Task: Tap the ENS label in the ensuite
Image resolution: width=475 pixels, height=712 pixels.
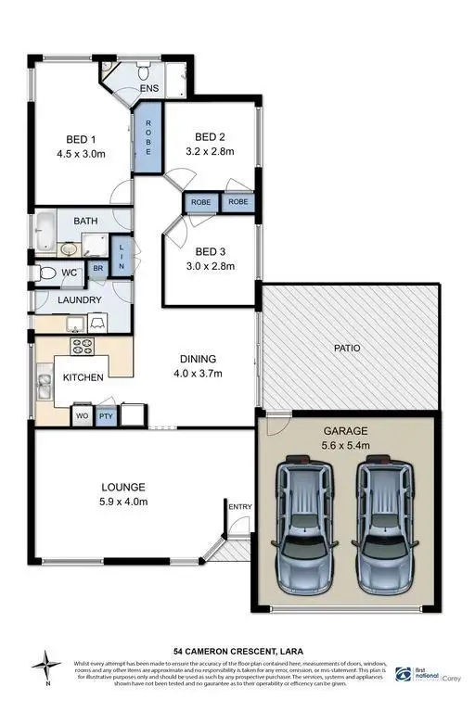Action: pos(149,88)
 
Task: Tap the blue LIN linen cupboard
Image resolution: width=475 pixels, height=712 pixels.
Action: pos(121,254)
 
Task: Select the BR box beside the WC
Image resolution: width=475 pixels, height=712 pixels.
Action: pos(97,270)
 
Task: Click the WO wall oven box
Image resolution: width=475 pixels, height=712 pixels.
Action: pos(82,416)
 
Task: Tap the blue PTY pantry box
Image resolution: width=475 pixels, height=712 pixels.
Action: pos(106,416)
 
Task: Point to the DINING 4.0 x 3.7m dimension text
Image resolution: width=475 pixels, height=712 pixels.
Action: pos(199,374)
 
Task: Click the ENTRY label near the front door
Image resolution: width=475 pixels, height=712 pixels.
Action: pos(239,505)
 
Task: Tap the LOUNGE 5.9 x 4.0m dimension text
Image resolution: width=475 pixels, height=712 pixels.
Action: pos(122,502)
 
